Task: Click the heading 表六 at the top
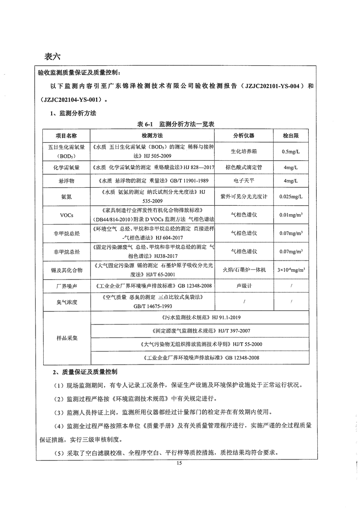point(52,57)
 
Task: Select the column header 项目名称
point(66,135)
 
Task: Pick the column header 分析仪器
point(243,135)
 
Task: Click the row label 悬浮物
point(66,182)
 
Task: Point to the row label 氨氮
point(66,197)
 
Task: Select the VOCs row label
point(66,215)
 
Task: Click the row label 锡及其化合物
point(66,270)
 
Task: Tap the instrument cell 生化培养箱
point(243,152)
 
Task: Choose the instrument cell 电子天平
point(243,182)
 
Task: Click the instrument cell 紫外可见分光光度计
point(243,197)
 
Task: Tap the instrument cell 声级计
point(243,285)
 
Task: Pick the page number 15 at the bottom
point(179,463)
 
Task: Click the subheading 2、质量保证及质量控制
point(85,372)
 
